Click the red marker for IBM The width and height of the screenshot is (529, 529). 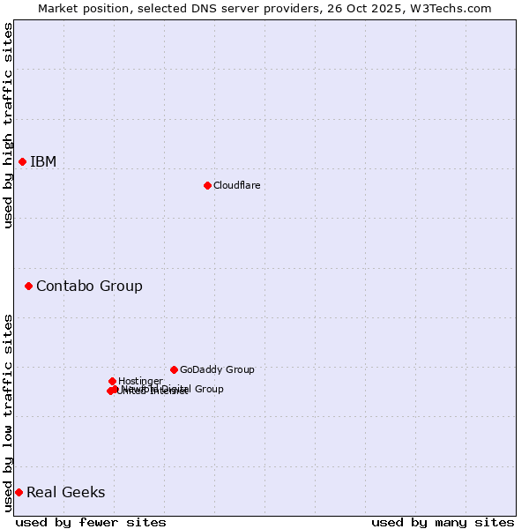pyautogui.click(x=22, y=161)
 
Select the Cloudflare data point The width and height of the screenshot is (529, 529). pyautogui.click(x=207, y=185)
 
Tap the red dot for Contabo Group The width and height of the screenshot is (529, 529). pyautogui.click(x=28, y=286)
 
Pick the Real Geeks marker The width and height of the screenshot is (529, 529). pyautogui.click(x=19, y=492)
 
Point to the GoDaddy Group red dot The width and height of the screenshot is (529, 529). pyautogui.click(x=174, y=369)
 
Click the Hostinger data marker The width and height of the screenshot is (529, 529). pyautogui.click(x=112, y=381)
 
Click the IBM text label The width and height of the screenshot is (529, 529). pyautogui.click(x=43, y=161)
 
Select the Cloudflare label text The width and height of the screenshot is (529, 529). pyautogui.click(x=236, y=185)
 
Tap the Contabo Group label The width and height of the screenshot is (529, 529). pyautogui.click(x=89, y=286)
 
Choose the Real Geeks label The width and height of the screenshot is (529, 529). pyautogui.click(x=65, y=492)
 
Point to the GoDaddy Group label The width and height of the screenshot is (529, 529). pyautogui.click(x=217, y=369)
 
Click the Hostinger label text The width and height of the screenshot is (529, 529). pyautogui.click(x=140, y=381)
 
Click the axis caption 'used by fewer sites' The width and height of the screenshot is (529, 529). pyautogui.click(x=91, y=522)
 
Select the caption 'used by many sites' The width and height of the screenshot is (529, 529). pyautogui.click(x=443, y=522)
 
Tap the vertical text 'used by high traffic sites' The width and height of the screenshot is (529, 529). pyautogui.click(x=8, y=125)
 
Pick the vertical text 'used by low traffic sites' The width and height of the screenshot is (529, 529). pyautogui.click(x=8, y=413)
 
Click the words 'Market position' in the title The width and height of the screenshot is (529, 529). pyautogui.click(x=80, y=8)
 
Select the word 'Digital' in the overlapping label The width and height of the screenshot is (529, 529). pyautogui.click(x=175, y=389)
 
